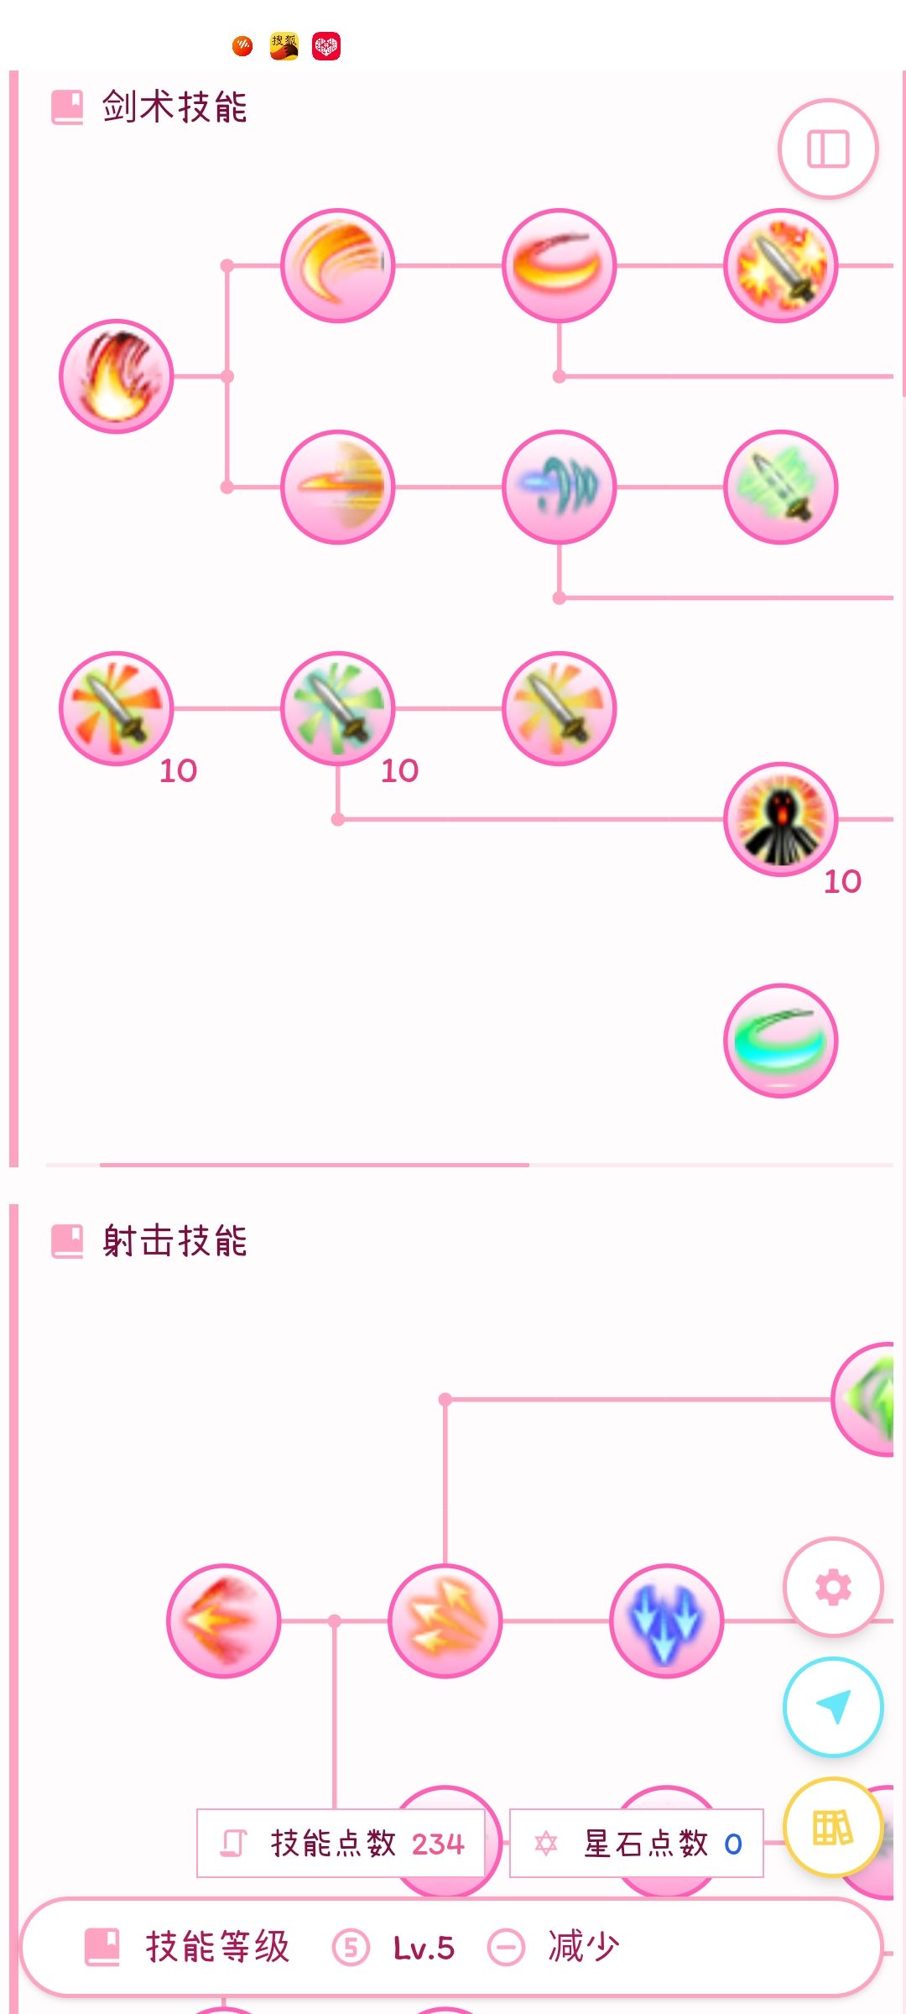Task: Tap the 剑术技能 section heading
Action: [x=174, y=107]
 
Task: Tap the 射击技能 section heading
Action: [x=174, y=1241]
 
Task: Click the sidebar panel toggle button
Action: [x=828, y=149]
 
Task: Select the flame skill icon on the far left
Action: [x=116, y=376]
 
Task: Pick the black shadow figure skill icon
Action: [x=780, y=819]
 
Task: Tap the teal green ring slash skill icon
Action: [x=780, y=1041]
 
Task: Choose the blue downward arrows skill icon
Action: [x=666, y=1620]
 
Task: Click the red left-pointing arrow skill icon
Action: [x=223, y=1620]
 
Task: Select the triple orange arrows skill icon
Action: [x=445, y=1620]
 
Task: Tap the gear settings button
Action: [x=833, y=1587]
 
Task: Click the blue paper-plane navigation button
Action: [x=833, y=1706]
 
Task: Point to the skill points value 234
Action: [x=438, y=1844]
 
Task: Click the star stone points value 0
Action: [x=732, y=1844]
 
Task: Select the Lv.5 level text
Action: [x=424, y=1948]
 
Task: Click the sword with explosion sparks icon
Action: [x=780, y=265]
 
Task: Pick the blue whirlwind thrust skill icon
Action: [x=559, y=487]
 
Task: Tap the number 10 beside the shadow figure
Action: [x=842, y=881]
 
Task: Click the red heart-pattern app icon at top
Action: [x=326, y=46]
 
